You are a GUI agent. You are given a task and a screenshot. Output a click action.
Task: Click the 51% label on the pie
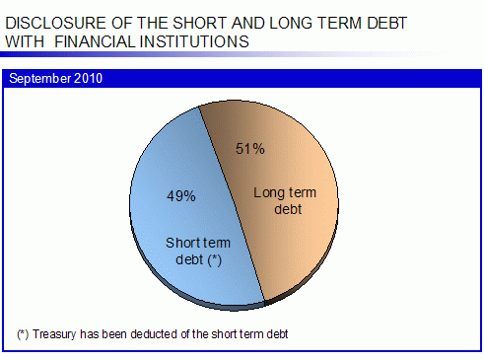pyautogui.click(x=250, y=149)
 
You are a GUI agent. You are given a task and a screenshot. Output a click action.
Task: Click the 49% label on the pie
pyautogui.click(x=181, y=196)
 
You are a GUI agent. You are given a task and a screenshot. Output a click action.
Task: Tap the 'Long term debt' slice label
pyautogui.click(x=285, y=200)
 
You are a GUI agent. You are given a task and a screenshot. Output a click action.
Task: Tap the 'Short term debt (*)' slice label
pyautogui.click(x=198, y=252)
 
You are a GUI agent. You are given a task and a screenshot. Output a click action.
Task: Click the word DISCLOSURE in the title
pyautogui.click(x=56, y=23)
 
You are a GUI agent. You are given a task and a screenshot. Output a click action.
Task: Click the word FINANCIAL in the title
pyautogui.click(x=95, y=41)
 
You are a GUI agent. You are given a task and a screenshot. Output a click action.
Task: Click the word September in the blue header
pyautogui.click(x=39, y=79)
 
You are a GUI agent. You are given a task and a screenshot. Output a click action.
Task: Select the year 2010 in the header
pyautogui.click(x=88, y=78)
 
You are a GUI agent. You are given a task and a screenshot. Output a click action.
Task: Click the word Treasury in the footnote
pyautogui.click(x=54, y=334)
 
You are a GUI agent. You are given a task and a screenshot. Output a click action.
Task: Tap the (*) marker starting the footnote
pyautogui.click(x=23, y=334)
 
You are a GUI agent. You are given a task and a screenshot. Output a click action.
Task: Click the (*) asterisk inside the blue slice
pyautogui.click(x=215, y=260)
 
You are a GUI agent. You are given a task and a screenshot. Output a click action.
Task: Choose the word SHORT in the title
pyautogui.click(x=199, y=23)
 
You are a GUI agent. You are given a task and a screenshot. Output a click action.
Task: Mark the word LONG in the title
pyautogui.click(x=292, y=23)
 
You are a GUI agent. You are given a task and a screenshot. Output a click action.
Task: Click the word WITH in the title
pyautogui.click(x=25, y=41)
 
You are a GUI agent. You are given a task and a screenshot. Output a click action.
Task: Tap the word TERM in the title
pyautogui.click(x=340, y=23)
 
